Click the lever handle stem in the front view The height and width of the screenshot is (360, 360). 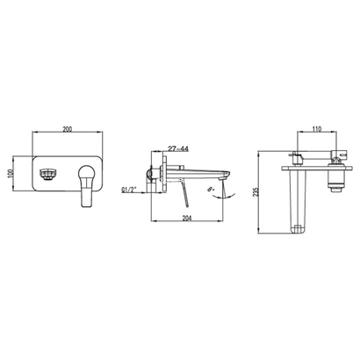(88, 195)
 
